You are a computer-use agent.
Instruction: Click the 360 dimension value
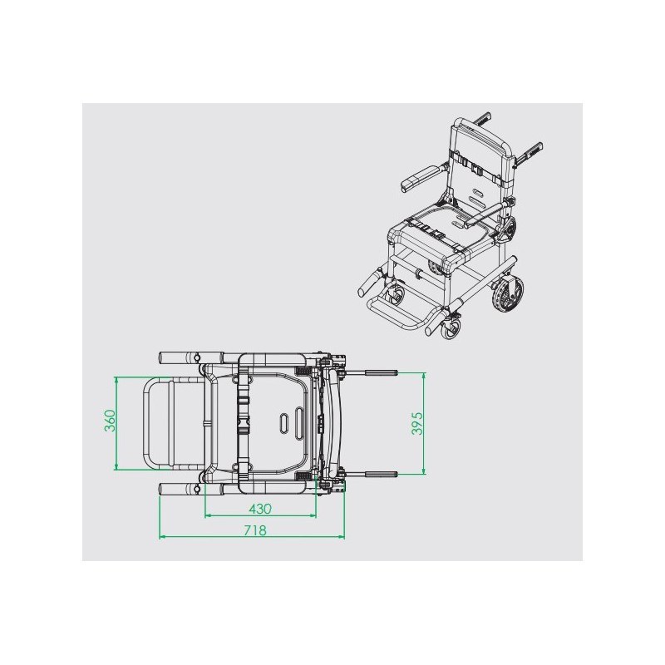click(111, 421)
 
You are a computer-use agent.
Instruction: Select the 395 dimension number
click(418, 423)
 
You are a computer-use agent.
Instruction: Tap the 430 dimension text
click(260, 509)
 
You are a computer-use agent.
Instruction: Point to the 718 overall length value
click(255, 530)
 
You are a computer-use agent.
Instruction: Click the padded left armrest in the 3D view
click(421, 177)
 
